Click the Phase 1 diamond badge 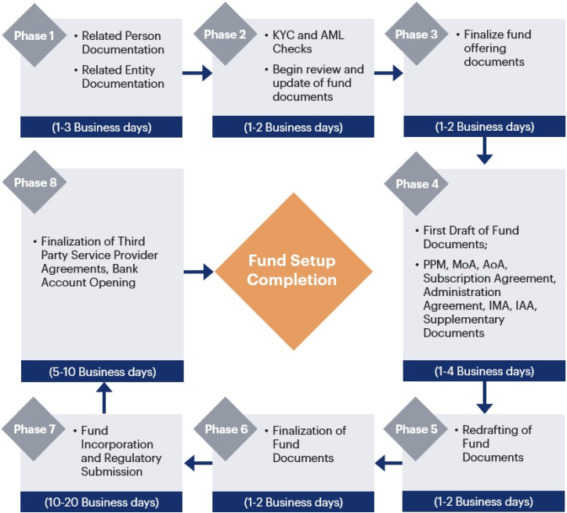34,35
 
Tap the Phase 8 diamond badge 35,183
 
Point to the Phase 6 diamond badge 226,429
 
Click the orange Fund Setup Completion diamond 292,270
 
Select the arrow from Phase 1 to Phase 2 197,74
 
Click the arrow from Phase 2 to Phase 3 388,74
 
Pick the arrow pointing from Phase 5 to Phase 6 388,464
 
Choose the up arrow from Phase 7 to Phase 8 103,397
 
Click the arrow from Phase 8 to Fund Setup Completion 198,272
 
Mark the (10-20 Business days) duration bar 102,502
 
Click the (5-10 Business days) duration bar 102,371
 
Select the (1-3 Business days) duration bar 102,127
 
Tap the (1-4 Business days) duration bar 484,371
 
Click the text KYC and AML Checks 308,42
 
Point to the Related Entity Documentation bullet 123,77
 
